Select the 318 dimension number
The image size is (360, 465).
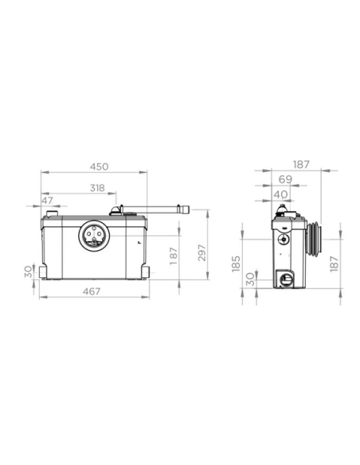click(96, 188)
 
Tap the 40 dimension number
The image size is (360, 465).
click(282, 194)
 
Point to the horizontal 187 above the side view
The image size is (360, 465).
click(301, 164)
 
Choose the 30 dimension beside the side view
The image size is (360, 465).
click(251, 279)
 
